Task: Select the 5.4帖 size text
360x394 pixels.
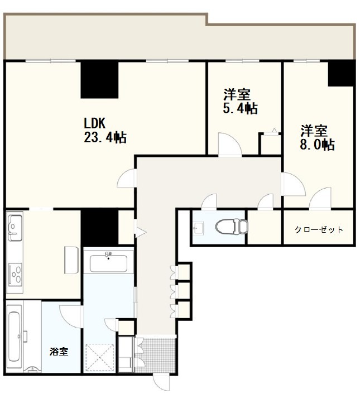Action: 240,109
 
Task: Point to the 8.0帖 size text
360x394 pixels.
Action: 317,145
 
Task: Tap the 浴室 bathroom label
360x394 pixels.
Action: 59,352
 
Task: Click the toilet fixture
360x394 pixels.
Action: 232,227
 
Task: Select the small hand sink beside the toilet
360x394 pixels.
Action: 198,228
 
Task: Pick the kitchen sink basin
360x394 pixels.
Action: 15,228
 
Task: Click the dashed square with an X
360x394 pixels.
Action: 100,354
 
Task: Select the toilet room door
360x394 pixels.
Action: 209,201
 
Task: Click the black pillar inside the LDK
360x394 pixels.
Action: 100,79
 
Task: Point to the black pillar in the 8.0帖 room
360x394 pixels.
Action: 341,73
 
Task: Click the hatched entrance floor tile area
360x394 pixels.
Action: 155,354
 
